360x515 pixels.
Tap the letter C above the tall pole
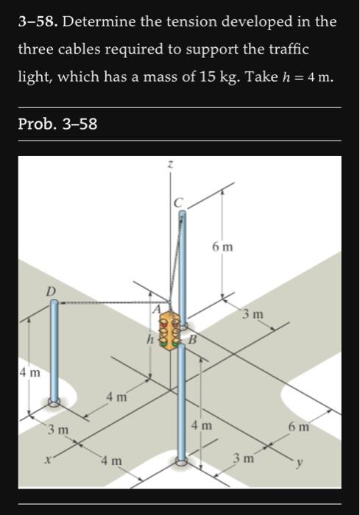coord(177,203)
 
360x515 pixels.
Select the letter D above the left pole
coord(51,291)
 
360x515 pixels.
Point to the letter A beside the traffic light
coord(157,308)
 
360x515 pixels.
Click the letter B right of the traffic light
coord(192,339)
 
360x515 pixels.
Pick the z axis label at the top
coord(170,164)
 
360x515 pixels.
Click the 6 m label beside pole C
coord(222,246)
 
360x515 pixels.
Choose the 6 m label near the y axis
coord(299,427)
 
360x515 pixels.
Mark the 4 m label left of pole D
coord(29,372)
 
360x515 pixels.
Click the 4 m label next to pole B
coord(202,426)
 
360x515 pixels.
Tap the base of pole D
coord(54,401)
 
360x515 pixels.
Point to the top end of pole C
coord(182,213)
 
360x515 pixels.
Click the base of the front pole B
coord(181,461)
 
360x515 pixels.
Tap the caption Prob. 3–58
coord(57,124)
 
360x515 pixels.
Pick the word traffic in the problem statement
coord(289,49)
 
